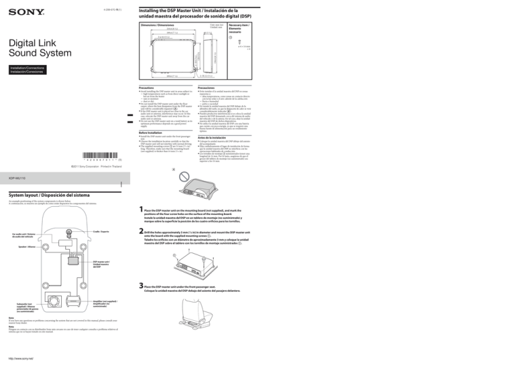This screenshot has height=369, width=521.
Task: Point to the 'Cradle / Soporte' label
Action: [x=99, y=232]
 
